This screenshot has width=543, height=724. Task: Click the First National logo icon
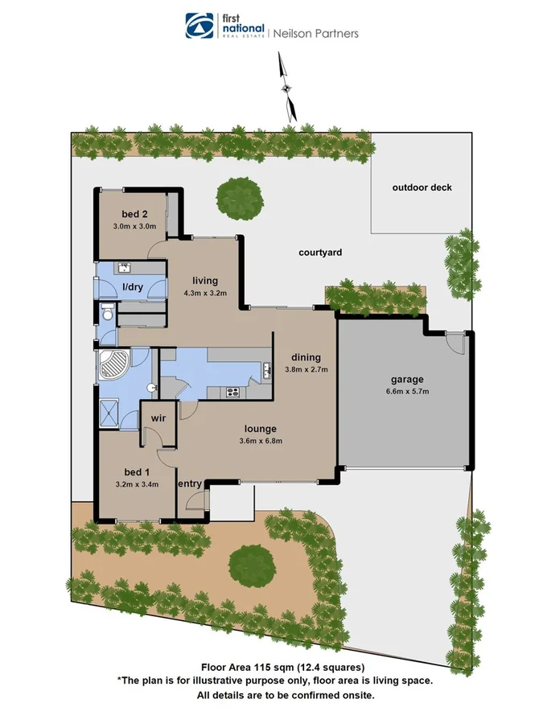(197, 26)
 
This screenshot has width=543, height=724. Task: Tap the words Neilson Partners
(316, 34)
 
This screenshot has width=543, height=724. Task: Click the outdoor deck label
(422, 187)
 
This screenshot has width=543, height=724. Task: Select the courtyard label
(320, 253)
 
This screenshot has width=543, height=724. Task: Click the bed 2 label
(134, 214)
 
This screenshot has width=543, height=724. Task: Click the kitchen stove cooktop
(233, 392)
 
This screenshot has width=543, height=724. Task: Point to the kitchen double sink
(265, 371)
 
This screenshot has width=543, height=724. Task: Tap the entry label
(190, 483)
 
